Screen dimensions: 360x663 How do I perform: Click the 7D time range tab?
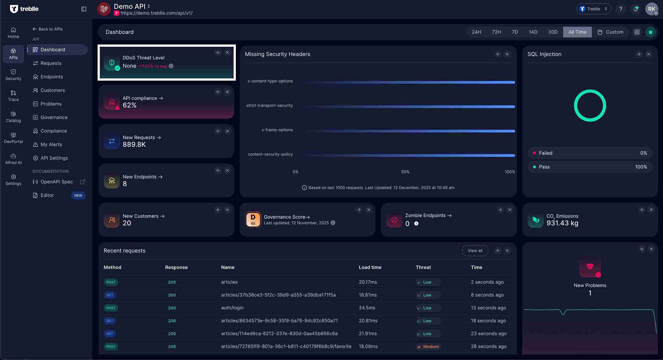[x=514, y=32]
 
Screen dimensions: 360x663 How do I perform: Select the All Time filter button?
[x=577, y=32]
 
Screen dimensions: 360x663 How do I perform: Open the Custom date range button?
[x=610, y=32]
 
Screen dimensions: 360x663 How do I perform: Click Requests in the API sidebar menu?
[x=51, y=63]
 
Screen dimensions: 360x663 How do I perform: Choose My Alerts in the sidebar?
[x=51, y=144]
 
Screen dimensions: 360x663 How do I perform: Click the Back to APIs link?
[x=48, y=29]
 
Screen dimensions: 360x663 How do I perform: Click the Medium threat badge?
[x=428, y=347]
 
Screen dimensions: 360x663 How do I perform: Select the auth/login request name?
[x=232, y=308]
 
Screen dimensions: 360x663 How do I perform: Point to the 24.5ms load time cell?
[x=367, y=308]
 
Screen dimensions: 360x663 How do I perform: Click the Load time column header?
[x=370, y=267]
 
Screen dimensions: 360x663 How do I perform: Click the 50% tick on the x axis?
[x=405, y=172]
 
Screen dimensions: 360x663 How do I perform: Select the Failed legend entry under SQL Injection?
[x=545, y=153]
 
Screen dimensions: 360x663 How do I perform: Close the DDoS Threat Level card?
[x=227, y=52]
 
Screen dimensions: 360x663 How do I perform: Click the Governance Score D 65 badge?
[x=253, y=220]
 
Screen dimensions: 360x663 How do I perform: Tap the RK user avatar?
[x=651, y=9]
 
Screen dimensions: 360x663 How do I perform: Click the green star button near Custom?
[x=650, y=32]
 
